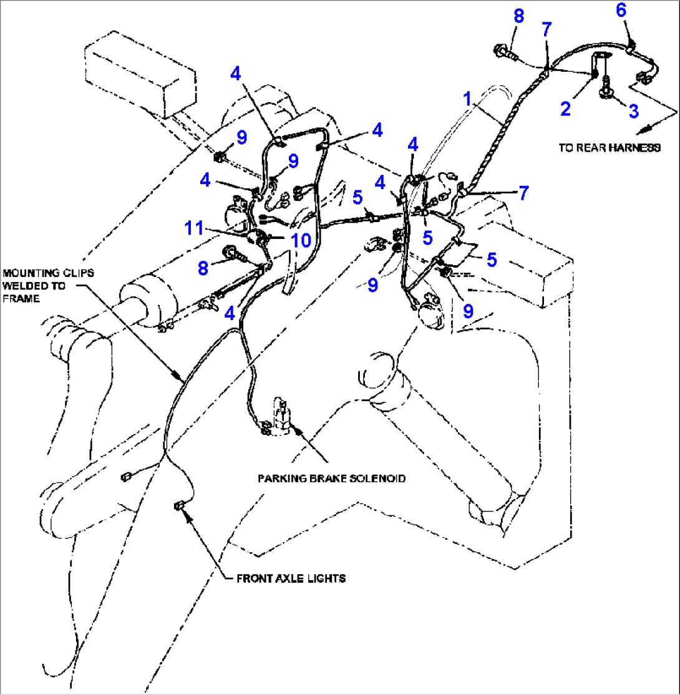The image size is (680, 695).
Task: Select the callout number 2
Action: point(565,109)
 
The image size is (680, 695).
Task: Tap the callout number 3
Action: point(633,111)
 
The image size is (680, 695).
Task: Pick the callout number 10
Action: point(301,240)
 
